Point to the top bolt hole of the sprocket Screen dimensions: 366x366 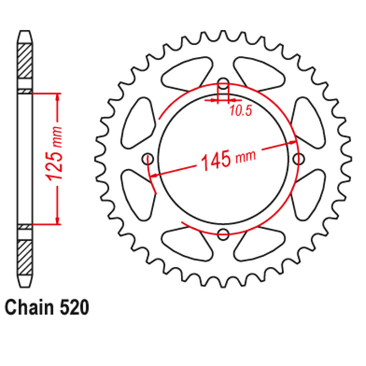point(223,84)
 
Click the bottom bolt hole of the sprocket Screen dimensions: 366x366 point(223,234)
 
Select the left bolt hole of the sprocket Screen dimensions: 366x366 point(148,159)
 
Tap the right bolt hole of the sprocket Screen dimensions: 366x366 point(299,159)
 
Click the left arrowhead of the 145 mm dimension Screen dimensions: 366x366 point(155,175)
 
